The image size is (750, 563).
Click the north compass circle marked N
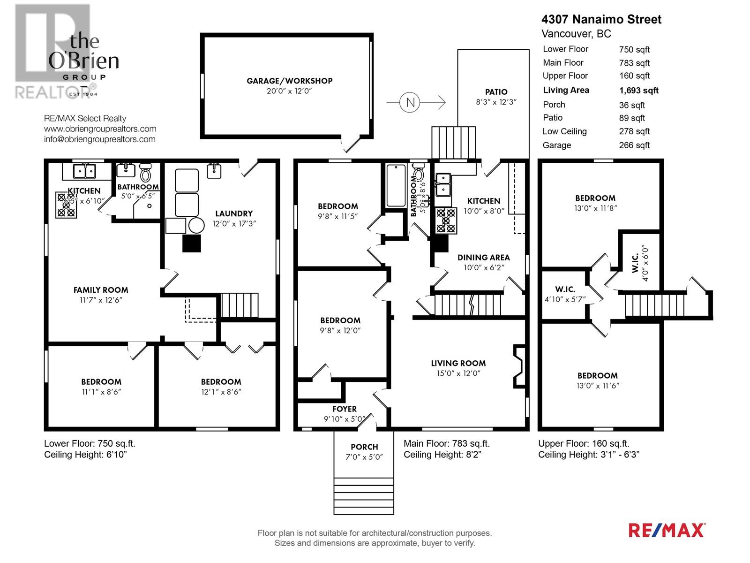click(x=410, y=102)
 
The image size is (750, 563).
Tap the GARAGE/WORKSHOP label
click(x=289, y=81)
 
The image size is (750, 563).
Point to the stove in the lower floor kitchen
click(x=66, y=205)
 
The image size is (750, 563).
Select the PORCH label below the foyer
click(x=364, y=447)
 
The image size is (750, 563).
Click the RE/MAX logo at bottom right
click(x=666, y=530)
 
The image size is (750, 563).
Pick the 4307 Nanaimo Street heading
click(x=601, y=20)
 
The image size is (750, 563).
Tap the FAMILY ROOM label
click(x=100, y=290)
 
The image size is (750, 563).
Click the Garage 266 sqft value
click(x=634, y=145)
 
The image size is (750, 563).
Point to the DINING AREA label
click(x=483, y=257)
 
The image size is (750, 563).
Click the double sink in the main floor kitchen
click(x=443, y=184)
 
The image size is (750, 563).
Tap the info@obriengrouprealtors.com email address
click(x=100, y=139)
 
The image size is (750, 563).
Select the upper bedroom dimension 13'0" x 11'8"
click(x=595, y=208)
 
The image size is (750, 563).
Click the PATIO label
click(x=496, y=92)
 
